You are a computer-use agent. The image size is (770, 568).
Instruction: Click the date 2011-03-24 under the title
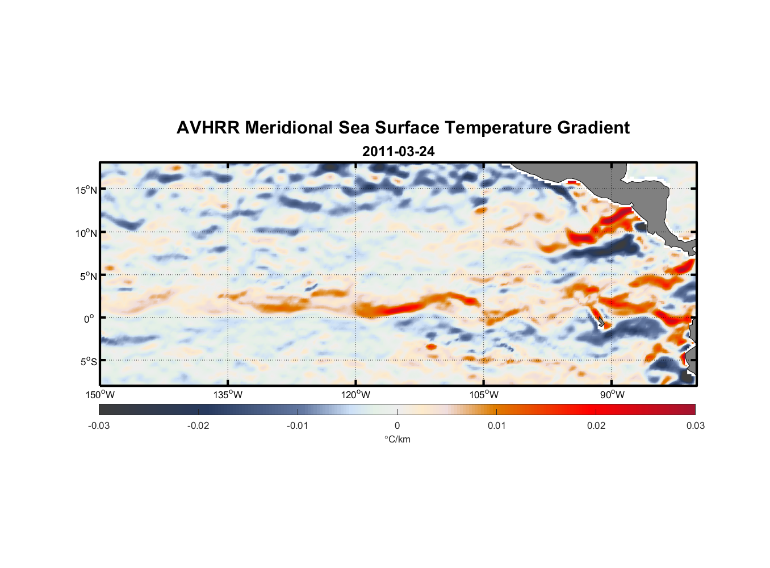coord(398,152)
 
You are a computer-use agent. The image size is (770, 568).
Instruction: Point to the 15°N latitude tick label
coord(86,190)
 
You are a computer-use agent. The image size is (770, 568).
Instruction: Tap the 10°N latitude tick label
coord(86,233)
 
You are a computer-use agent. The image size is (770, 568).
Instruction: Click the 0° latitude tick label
coord(89,319)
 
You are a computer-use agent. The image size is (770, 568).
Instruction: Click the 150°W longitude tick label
coord(101,395)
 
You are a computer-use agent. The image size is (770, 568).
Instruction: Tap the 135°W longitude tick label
coord(228,395)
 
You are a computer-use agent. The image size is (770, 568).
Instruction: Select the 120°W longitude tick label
coord(356,395)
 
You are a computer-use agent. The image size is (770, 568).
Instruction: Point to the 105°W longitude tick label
coord(484,395)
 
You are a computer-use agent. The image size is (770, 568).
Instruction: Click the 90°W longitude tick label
coord(612,395)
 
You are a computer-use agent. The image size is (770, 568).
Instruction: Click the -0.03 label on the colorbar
coord(99,425)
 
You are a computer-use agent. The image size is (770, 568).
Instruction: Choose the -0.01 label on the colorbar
coord(298,425)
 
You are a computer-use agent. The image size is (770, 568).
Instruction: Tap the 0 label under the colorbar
coord(397,425)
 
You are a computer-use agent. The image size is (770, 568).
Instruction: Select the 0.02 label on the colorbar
coord(596,425)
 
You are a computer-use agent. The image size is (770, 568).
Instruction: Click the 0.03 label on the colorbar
coord(695,425)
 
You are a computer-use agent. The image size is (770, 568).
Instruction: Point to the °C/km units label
coord(397,439)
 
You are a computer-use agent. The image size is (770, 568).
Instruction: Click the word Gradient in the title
coord(593,128)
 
